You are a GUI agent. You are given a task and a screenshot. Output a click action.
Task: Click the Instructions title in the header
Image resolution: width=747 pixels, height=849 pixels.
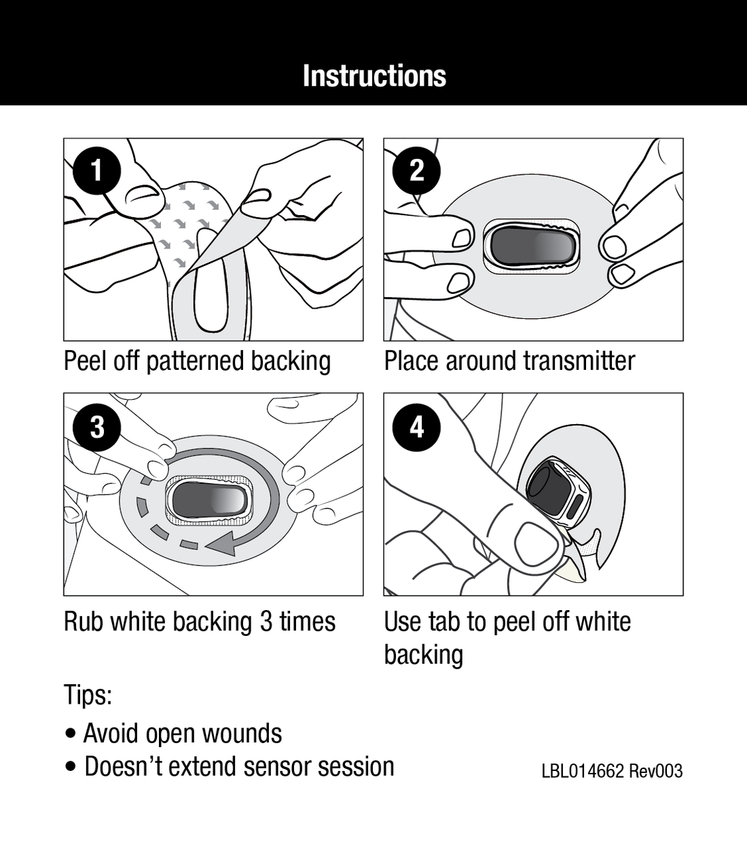(374, 75)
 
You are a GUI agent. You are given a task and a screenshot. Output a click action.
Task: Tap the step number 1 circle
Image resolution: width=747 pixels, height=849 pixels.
(97, 170)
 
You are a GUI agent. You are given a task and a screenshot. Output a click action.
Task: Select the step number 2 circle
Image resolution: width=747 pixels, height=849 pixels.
(417, 170)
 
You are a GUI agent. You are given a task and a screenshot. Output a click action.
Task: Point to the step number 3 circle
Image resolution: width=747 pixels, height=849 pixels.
(97, 427)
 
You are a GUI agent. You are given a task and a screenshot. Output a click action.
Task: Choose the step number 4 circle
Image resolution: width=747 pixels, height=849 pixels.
(417, 427)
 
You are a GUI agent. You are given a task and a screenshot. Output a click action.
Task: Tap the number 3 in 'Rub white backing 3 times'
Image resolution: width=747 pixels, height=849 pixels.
(267, 622)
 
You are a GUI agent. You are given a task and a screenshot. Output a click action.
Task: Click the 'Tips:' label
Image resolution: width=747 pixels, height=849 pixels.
(88, 695)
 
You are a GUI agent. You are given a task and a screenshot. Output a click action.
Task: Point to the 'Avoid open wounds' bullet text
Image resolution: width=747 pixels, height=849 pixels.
(182, 734)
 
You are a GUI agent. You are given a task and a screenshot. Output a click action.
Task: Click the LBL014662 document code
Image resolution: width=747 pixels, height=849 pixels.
(582, 772)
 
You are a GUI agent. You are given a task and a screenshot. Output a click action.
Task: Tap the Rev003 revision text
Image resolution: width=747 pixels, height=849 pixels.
(656, 772)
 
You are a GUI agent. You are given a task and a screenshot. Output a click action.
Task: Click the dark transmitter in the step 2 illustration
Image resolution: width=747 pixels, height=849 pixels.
(531, 245)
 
